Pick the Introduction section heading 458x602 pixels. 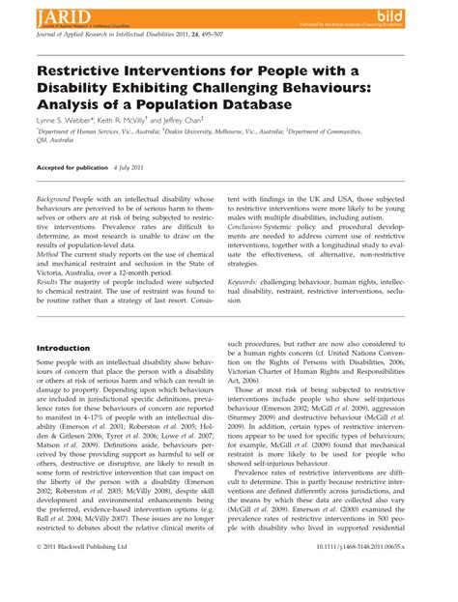pos(63,348)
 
